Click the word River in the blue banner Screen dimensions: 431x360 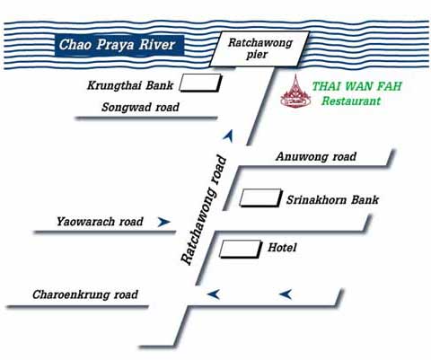pos(157,45)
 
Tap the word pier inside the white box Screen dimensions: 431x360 pos(257,55)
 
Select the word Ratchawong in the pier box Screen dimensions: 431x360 pos(260,43)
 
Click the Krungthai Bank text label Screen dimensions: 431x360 pos(130,85)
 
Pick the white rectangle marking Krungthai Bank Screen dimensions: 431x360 pos(200,83)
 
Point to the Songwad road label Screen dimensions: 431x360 pos(140,107)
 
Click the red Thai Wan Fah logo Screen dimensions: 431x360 pos(295,92)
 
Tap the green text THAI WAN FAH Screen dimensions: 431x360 pos(356,86)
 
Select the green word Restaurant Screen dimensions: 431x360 pos(351,101)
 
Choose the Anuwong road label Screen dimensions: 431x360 pos(316,156)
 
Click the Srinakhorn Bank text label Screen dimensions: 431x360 pos(332,200)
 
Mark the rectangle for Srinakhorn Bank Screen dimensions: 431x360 pos(260,198)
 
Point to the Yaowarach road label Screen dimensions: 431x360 pos(100,222)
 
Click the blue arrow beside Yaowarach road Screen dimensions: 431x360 pos(163,222)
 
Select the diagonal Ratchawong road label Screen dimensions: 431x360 pos(204,210)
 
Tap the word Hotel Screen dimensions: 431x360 pos(282,248)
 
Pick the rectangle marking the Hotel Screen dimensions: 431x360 pos(241,250)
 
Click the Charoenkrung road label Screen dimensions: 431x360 pos(85,294)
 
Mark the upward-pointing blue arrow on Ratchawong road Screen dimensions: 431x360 pos(228,136)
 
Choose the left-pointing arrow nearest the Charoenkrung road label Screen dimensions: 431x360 pos(214,294)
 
